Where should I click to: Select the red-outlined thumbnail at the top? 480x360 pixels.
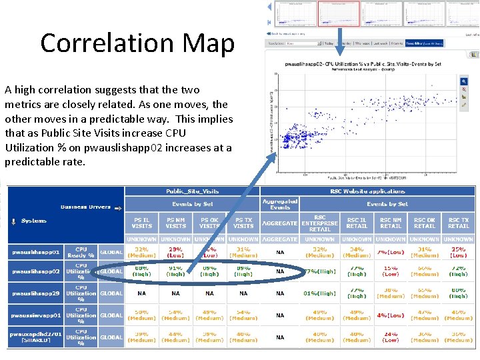pyautogui.click(x=339, y=13)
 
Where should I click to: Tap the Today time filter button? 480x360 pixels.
pyautogui.click(x=329, y=43)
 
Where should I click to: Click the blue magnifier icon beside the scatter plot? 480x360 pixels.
pyautogui.click(x=465, y=81)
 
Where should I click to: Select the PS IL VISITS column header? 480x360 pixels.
pyautogui.click(x=141, y=222)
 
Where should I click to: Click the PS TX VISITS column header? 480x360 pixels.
pyautogui.click(x=243, y=222)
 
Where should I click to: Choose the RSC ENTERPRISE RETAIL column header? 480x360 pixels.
pyautogui.click(x=320, y=222)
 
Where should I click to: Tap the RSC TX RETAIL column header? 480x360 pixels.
pyautogui.click(x=459, y=222)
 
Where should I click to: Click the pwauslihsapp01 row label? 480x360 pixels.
pyautogui.click(x=35, y=253)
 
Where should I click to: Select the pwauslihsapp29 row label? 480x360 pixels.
pyautogui.click(x=35, y=293)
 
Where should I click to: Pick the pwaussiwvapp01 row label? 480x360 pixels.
pyautogui.click(x=35, y=315)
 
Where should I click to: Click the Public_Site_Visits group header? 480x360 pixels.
pyautogui.click(x=192, y=191)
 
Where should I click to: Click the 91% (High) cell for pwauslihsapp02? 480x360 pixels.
pyautogui.click(x=175, y=271)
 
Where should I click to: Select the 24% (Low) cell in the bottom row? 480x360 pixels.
pyautogui.click(x=391, y=337)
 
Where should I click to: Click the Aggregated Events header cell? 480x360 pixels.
pyautogui.click(x=280, y=204)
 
